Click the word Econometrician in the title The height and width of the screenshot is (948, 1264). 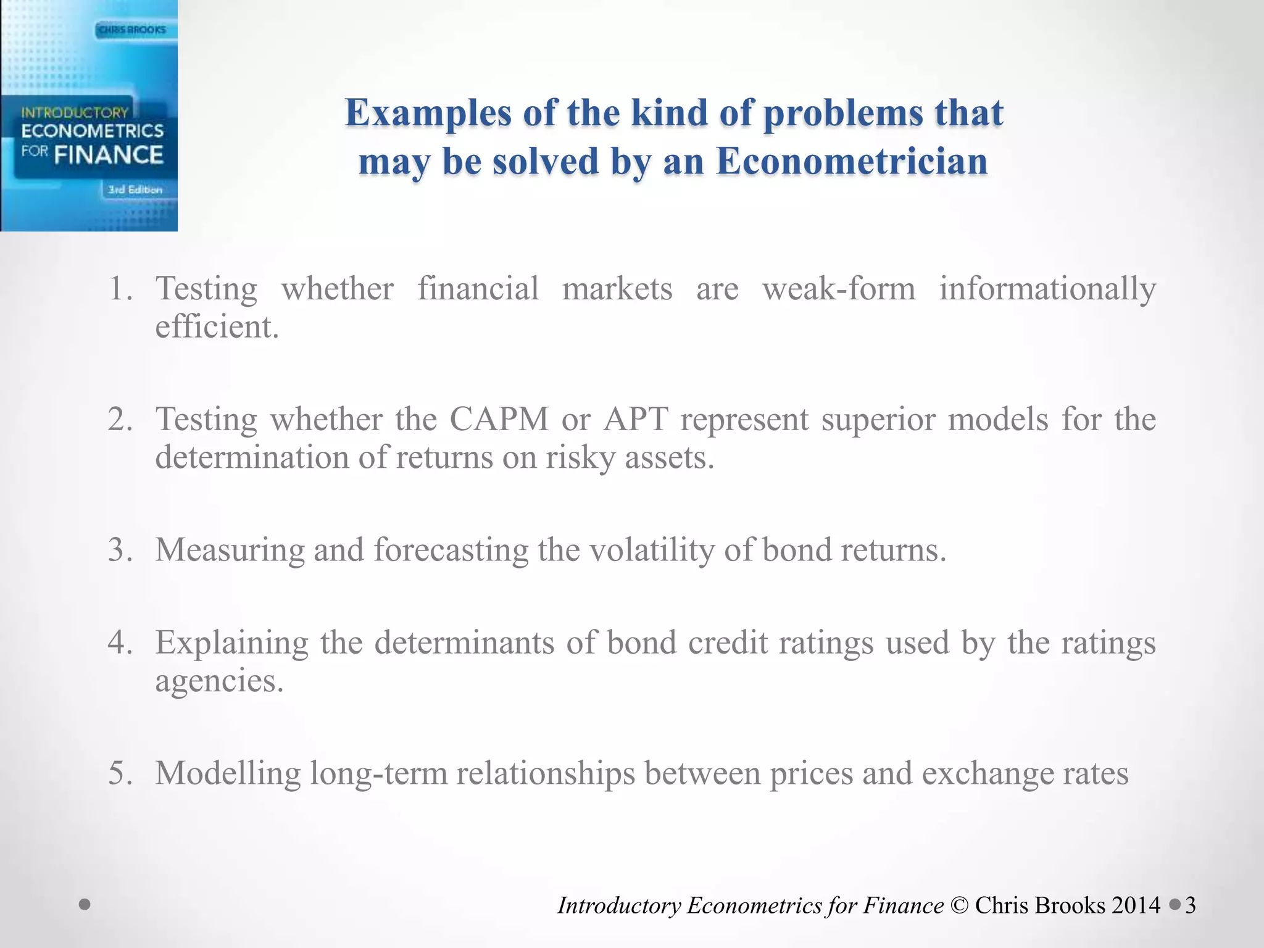tap(852, 162)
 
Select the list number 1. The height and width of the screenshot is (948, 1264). tap(119, 289)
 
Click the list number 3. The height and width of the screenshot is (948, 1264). tap(119, 549)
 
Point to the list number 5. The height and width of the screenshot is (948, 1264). tap(120, 773)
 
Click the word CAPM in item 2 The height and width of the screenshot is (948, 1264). tap(499, 419)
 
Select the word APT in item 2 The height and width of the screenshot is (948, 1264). tap(636, 419)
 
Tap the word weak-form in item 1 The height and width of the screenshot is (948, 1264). tap(839, 288)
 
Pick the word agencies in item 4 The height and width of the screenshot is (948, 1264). tap(218, 681)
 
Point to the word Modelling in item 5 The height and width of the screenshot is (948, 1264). tap(228, 773)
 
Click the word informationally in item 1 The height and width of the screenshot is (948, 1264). tap(1047, 288)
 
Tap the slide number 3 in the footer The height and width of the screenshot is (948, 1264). tap(1191, 905)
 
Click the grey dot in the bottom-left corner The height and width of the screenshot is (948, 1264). tap(85, 905)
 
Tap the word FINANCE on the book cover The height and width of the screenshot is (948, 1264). tap(109, 155)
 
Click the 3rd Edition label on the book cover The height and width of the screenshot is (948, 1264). tap(135, 190)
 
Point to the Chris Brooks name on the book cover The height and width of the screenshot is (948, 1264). tap(133, 30)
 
